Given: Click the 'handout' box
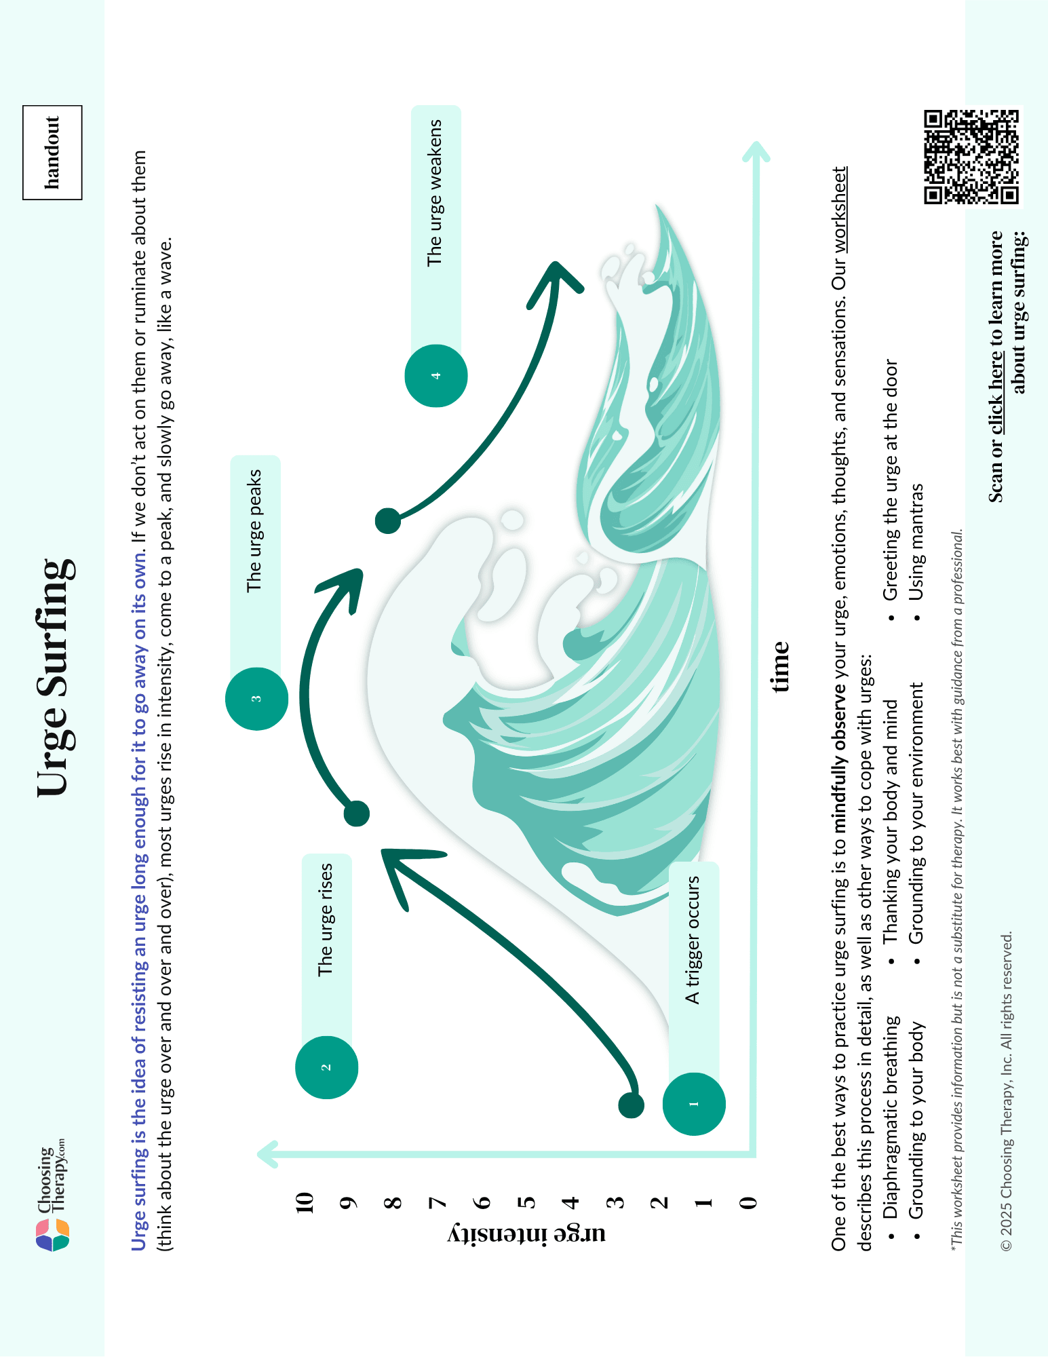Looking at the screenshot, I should tap(52, 153).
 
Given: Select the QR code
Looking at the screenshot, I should tap(971, 157).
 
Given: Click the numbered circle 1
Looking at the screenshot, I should tap(694, 1104).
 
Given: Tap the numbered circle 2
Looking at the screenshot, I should tap(326, 1067).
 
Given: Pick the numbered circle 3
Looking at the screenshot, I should tap(256, 699).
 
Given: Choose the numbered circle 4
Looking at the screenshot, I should tap(436, 376).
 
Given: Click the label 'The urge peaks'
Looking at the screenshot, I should tap(254, 531).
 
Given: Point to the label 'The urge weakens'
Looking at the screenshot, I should tap(435, 193).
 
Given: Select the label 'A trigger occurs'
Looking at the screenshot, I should tap(693, 940).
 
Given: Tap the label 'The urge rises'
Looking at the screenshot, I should tap(326, 920).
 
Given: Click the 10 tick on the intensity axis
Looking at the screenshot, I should tap(305, 1202).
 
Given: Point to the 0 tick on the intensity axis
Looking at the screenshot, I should tap(748, 1202).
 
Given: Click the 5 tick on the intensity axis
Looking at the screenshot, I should tap(526, 1202).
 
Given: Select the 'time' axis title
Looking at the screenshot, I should tap(781, 666).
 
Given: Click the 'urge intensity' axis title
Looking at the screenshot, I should tap(526, 1234).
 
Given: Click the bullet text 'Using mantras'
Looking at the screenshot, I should tap(916, 542).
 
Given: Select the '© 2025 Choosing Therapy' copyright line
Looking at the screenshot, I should tap(1007, 1092).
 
